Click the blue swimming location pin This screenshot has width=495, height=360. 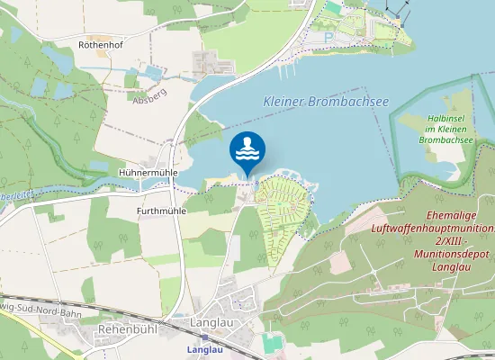pyautogui.click(x=247, y=149)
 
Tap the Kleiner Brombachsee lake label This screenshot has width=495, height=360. pyautogui.click(x=325, y=102)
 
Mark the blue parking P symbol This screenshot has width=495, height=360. pyautogui.click(x=328, y=36)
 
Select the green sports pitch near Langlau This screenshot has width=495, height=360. pyautogui.click(x=273, y=342)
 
